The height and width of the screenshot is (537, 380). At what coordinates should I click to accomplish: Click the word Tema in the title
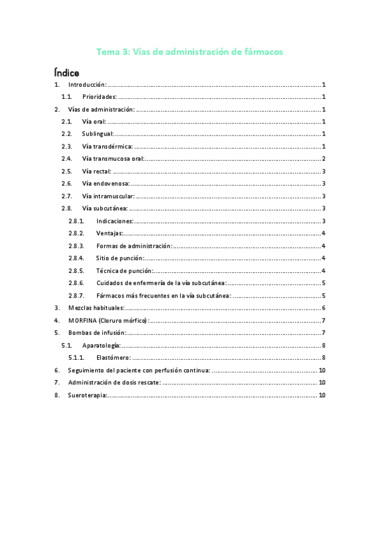pos(107,52)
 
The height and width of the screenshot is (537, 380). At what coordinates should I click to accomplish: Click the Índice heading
pos(67,73)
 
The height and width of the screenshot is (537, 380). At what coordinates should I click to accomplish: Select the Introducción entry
pos(87,85)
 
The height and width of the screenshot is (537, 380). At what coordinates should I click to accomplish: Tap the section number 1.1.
pos(66,97)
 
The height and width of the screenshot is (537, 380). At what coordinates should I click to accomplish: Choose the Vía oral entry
pos(95,122)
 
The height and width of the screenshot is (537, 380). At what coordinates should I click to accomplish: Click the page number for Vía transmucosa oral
pos(324,158)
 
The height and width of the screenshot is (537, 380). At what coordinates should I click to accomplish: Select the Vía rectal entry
pos(97,171)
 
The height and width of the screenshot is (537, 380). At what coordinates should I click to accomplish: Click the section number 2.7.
pos(66,196)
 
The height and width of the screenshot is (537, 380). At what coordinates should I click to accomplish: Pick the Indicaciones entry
pos(115,221)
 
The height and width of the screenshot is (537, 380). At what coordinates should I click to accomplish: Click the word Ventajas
pos(110,233)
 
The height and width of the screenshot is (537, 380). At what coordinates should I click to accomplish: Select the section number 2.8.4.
pos(76,258)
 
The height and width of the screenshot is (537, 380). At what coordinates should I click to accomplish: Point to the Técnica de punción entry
pos(124,270)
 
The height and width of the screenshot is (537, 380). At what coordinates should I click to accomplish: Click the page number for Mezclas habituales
pos(324,307)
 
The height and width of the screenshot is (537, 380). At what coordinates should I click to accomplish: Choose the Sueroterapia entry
pos(88,395)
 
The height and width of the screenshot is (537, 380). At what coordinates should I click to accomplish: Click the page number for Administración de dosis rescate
pos(322,382)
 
